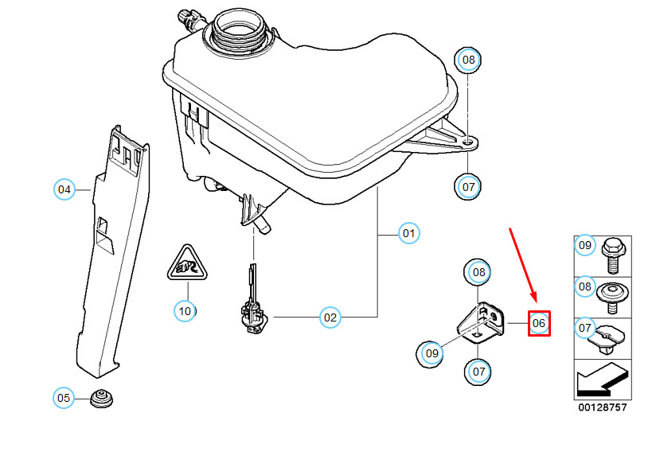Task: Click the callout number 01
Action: point(408,234)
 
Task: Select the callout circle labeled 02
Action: point(330,318)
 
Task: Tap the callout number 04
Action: point(64,189)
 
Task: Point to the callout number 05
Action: point(64,397)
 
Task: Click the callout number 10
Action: point(185,310)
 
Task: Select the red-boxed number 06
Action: point(539,323)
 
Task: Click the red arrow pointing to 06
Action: point(523,267)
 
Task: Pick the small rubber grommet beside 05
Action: point(100,398)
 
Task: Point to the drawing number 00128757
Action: point(603,407)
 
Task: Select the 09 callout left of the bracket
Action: point(431,352)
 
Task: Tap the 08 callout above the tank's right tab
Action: point(469,60)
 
